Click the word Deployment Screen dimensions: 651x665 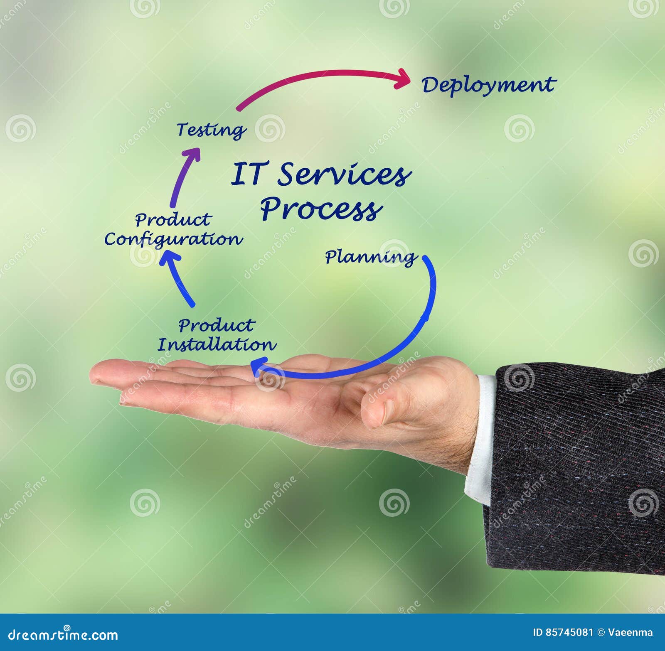488,85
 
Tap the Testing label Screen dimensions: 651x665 211,130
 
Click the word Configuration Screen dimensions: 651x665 173,240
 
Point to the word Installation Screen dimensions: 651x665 217,345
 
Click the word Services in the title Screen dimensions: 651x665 344,174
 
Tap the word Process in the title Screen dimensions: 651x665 321,209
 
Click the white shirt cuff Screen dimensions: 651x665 482,436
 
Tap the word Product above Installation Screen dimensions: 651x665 216,325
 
